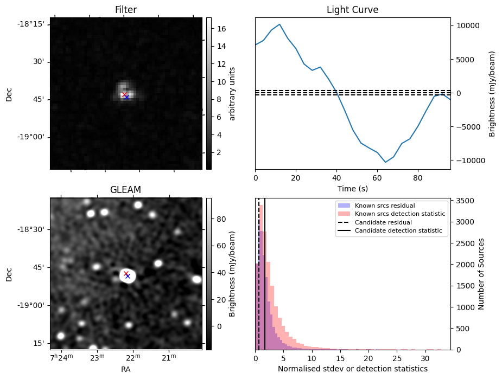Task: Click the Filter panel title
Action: coord(126,10)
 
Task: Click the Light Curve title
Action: coord(352,10)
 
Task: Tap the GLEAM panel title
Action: coord(125,190)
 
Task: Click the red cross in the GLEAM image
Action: coord(126,274)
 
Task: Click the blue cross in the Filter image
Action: coord(126,97)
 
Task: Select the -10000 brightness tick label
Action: coord(467,160)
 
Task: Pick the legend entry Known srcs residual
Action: coord(385,205)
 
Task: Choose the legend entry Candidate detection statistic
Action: coord(398,231)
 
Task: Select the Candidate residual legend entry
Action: coord(383,222)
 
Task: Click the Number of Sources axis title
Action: coord(481,273)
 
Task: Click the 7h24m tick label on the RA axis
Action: coord(60,357)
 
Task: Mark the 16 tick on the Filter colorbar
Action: coord(221,28)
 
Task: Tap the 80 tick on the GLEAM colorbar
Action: coord(221,220)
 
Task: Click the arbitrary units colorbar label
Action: coord(232,93)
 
